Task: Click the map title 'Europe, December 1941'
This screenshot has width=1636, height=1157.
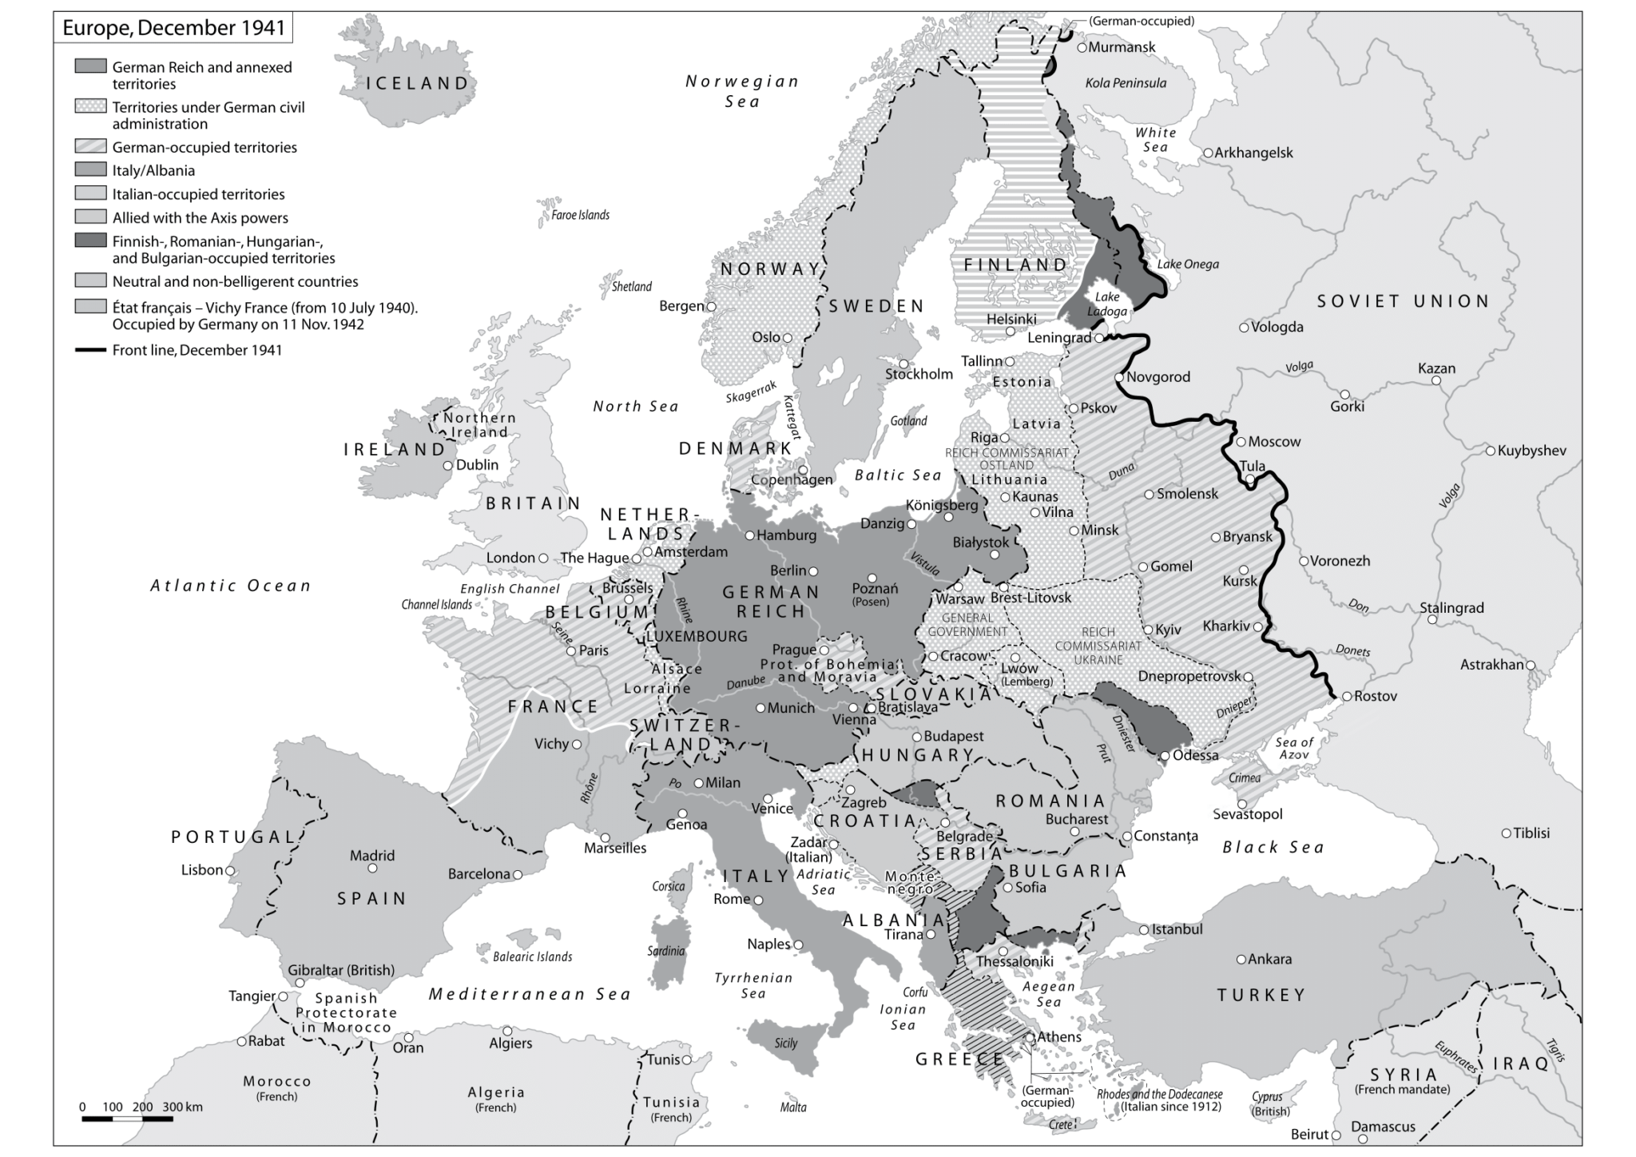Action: [x=173, y=28]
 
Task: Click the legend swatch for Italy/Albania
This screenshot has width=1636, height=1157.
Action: [x=90, y=169]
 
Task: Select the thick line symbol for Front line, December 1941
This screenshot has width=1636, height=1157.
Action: [x=90, y=350]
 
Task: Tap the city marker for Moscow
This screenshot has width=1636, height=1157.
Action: [x=1241, y=442]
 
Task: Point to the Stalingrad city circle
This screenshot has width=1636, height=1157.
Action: [x=1432, y=620]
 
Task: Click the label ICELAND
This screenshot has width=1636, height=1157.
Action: [x=417, y=83]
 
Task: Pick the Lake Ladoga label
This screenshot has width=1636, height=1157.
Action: [x=1107, y=304]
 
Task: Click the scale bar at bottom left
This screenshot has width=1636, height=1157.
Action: [x=127, y=1119]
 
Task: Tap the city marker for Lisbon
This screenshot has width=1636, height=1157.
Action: [x=230, y=870]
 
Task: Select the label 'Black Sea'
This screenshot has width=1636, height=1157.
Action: [x=1273, y=847]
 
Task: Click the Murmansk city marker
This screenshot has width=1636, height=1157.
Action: [x=1082, y=47]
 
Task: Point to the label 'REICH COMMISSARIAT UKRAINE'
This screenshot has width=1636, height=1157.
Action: [x=1098, y=646]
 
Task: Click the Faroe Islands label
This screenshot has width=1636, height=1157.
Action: [x=580, y=215]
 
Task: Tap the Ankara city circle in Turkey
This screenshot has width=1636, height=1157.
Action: [x=1241, y=960]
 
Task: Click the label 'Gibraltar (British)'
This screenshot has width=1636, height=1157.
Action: [x=341, y=970]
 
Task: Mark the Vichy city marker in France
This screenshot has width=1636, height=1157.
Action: [x=577, y=744]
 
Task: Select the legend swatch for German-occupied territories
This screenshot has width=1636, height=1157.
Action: [x=90, y=146]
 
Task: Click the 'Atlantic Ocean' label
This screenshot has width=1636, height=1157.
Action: [x=230, y=586]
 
